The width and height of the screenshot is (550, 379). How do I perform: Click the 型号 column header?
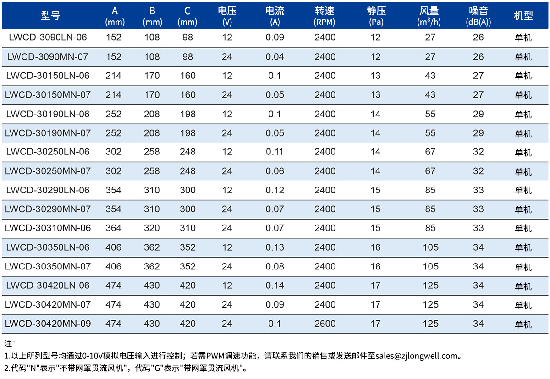pos(50,16)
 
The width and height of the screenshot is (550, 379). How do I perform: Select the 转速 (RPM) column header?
pos(324,16)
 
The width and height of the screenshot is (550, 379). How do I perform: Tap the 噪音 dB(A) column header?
pos(478,16)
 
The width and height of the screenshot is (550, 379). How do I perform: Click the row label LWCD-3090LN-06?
pos(48,38)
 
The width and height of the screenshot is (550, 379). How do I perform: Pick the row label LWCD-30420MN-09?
pos(48,324)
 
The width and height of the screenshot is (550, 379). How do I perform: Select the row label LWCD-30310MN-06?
pos(48,228)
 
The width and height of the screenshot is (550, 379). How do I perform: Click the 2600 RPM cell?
pos(325,324)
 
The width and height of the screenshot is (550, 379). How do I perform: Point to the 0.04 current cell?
pos(275,57)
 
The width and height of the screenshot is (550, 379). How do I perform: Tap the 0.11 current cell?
pos(275,152)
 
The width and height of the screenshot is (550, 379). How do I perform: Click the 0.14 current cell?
pos(275,286)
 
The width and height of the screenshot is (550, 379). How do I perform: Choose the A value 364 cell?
pos(114,228)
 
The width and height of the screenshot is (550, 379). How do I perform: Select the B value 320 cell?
pos(152,228)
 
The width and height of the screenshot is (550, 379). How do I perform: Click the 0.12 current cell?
pos(275,190)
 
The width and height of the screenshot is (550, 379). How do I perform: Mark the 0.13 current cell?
pos(275,247)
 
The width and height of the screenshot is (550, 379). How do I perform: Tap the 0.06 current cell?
pos(275,171)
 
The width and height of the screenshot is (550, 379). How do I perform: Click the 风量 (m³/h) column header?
pos(429,16)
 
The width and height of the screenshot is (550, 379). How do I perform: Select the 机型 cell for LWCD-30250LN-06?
pos(523,152)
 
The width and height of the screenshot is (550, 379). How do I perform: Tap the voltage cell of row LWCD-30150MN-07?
pos(227,95)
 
